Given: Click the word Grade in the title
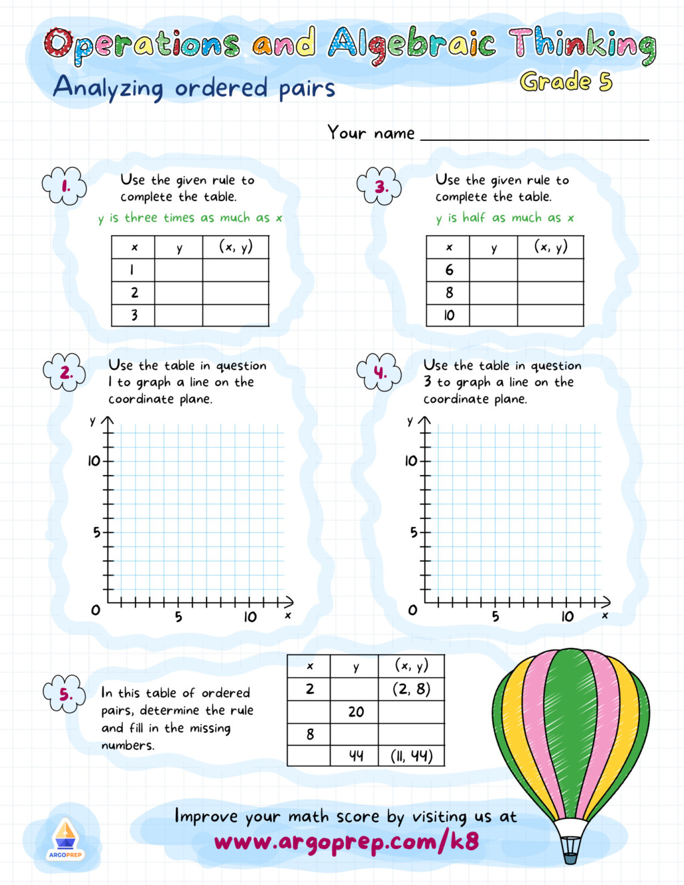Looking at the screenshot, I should (555, 81).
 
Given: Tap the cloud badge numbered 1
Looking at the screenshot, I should (65, 186).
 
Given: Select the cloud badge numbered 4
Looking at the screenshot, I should (379, 372).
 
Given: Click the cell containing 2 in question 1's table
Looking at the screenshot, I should (134, 293).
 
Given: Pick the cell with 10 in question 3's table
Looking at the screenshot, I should (448, 315).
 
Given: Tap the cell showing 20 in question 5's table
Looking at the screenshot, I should (355, 711).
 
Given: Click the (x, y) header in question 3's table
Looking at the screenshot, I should (550, 247).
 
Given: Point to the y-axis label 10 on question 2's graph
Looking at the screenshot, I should (94, 461).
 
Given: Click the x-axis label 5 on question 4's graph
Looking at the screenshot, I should (495, 616).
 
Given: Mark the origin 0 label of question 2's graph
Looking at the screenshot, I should (96, 610).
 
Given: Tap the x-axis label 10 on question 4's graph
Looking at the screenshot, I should (567, 616).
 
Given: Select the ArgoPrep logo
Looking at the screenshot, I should (65, 839).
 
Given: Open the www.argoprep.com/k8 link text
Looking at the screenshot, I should (346, 842).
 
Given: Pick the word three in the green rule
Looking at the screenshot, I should (141, 218).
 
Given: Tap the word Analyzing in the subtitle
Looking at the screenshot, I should (108, 88).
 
